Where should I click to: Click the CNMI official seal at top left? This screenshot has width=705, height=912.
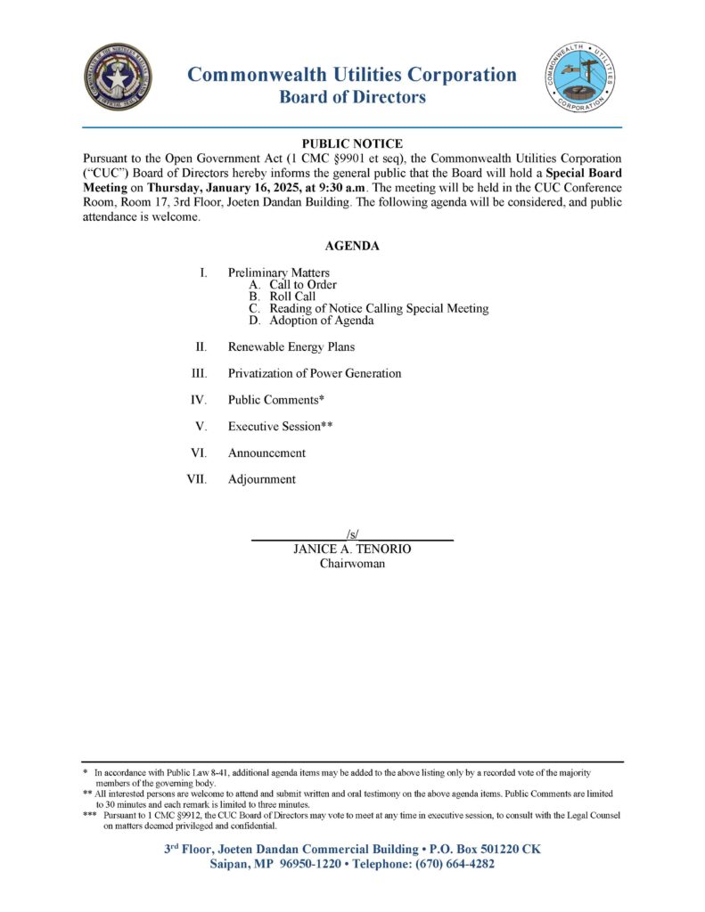coord(118,78)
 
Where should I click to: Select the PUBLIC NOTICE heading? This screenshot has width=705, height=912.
coord(352,143)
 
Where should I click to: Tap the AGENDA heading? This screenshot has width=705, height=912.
coord(352,246)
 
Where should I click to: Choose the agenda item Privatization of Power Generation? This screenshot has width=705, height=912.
coord(314,373)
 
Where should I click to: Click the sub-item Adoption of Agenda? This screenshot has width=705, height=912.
coord(321,321)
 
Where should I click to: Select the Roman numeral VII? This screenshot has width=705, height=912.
coord(196,479)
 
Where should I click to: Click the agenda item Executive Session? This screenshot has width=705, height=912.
coord(280,427)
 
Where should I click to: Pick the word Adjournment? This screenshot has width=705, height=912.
coord(261,479)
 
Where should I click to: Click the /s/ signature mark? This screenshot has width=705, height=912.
coord(352,534)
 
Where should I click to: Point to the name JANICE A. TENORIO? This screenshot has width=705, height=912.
coord(352,550)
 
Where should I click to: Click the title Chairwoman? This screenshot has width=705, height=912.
coord(352,564)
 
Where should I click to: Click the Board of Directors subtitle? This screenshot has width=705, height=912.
coord(352,98)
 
